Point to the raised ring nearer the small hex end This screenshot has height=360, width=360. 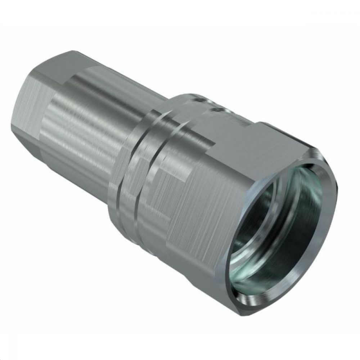click(x=130, y=162)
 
